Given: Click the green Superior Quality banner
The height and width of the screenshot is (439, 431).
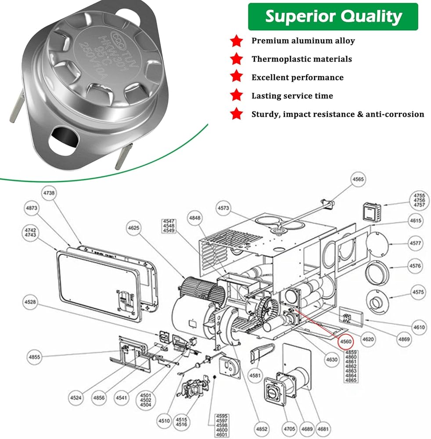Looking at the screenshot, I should (333, 17).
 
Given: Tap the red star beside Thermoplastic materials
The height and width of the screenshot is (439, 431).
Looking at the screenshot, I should (237, 59).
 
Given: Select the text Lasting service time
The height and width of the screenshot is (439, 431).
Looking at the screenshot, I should (292, 96).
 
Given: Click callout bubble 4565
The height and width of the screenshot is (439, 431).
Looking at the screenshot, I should (358, 180).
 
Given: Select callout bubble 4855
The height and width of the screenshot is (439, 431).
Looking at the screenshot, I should (34, 357).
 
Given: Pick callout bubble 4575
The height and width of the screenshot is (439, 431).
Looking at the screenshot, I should (418, 292).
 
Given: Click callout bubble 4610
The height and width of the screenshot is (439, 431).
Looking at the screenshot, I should (419, 327).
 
